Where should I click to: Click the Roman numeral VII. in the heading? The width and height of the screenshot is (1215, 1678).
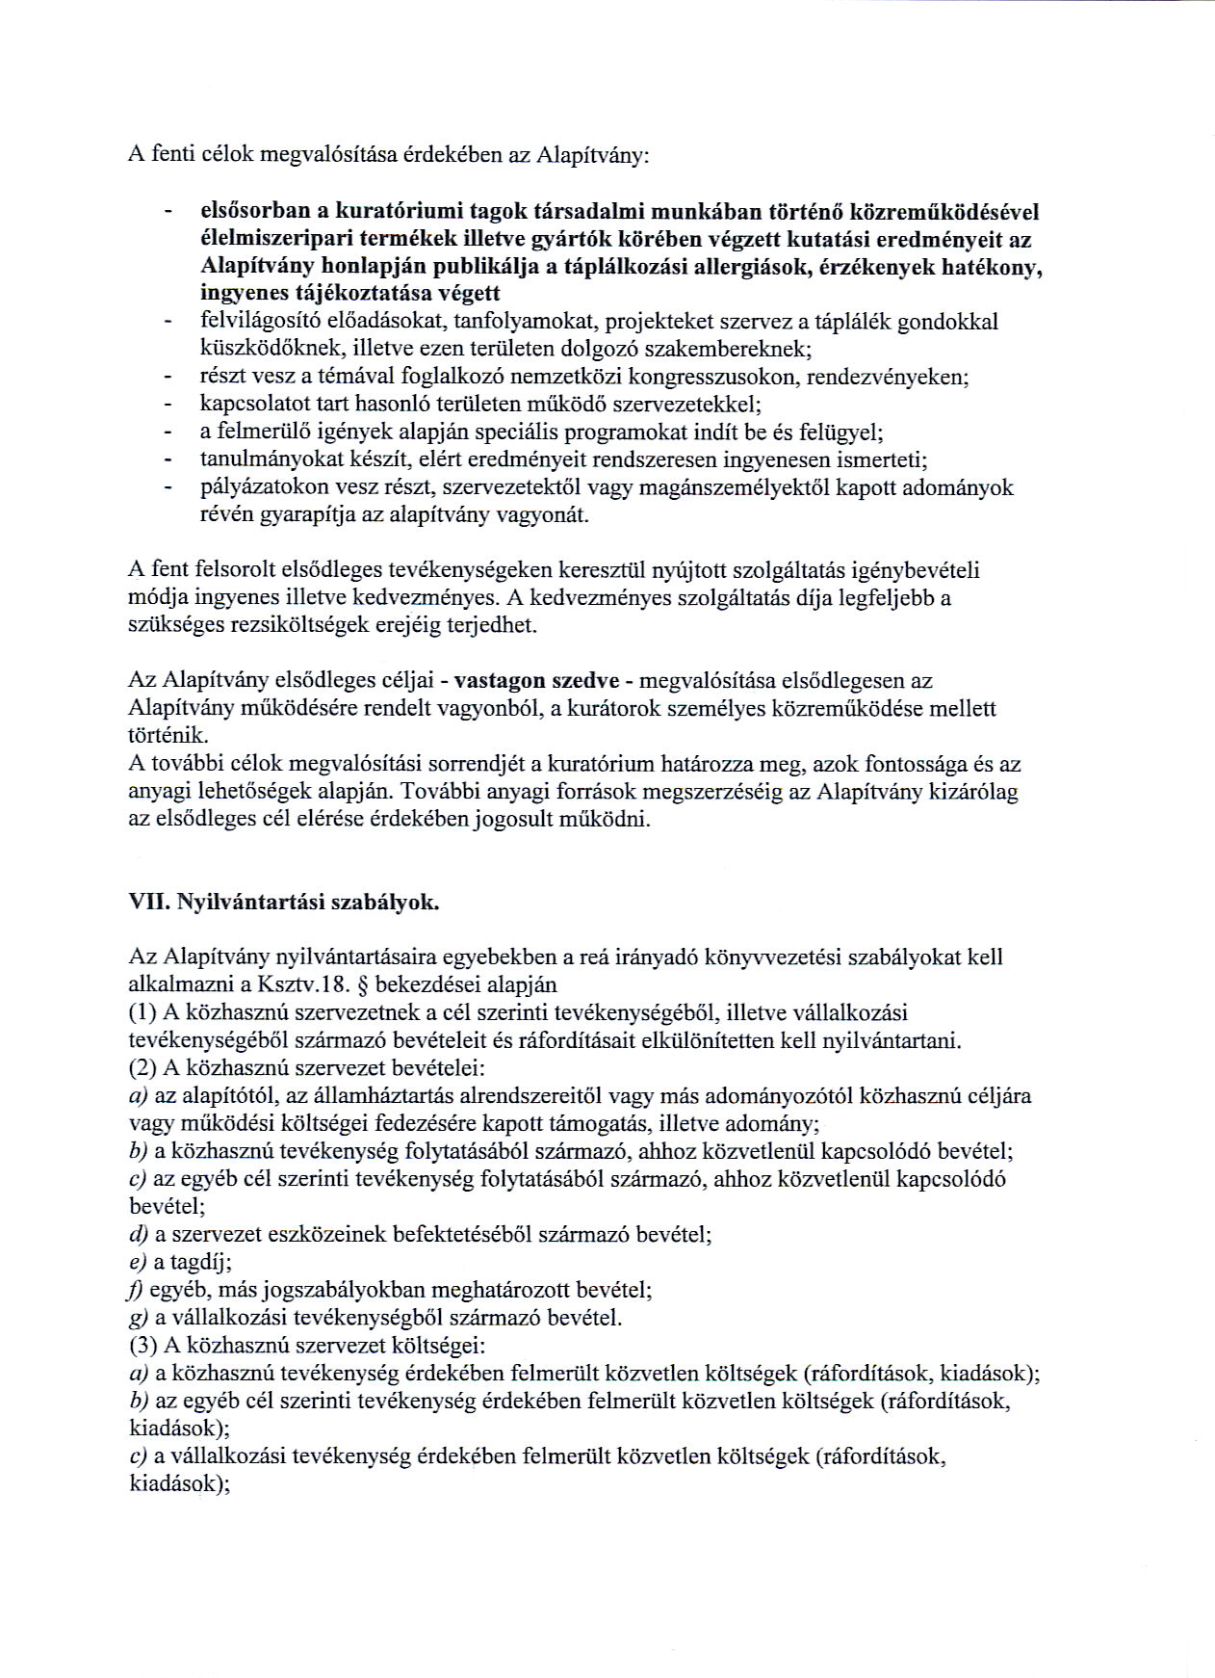[144, 904]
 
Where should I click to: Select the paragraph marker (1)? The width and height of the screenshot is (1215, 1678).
[142, 1012]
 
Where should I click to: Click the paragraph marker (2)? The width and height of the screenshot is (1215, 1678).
[142, 1068]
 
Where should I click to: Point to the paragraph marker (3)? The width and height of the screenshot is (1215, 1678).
[142, 1346]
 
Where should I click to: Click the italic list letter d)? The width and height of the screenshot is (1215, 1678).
[138, 1234]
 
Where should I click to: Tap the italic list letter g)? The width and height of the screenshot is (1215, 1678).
[137, 1318]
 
